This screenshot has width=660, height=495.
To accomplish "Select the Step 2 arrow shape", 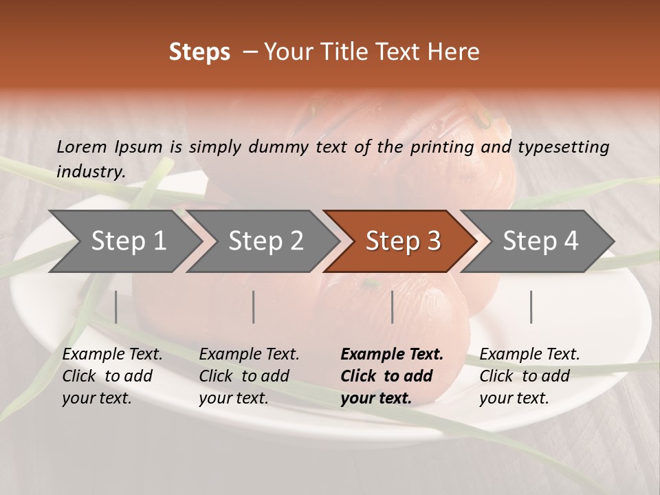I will pyautogui.click(x=265, y=241).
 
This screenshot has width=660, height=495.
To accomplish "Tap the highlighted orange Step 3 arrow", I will pyautogui.click(x=402, y=241).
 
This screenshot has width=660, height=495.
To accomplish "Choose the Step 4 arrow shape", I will pyautogui.click(x=540, y=241).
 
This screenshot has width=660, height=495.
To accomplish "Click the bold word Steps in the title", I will pyautogui.click(x=199, y=52).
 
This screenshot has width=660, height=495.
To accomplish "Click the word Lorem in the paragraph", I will pyautogui.click(x=82, y=146).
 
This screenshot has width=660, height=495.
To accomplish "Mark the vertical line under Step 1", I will pyautogui.click(x=115, y=307).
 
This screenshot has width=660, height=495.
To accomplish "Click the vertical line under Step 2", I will pyautogui.click(x=254, y=307).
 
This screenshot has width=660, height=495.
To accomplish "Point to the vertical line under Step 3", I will pyautogui.click(x=392, y=307).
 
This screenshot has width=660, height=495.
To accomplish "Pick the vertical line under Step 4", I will pyautogui.click(x=531, y=307).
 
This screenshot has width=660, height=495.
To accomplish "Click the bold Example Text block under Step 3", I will pyautogui.click(x=392, y=376).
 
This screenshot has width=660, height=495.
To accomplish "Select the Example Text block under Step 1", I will pyautogui.click(x=112, y=376).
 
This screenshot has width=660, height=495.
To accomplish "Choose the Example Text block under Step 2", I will pyautogui.click(x=249, y=376).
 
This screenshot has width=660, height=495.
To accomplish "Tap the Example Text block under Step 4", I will pyautogui.click(x=529, y=376).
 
